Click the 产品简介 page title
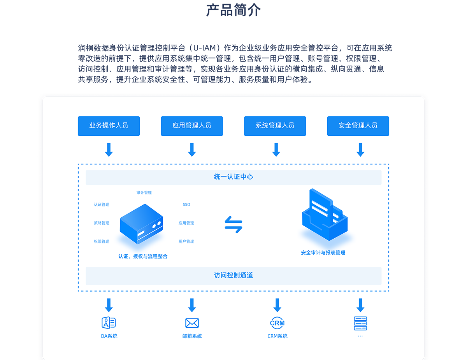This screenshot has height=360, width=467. (x=233, y=10)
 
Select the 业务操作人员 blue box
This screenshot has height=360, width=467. (x=109, y=126)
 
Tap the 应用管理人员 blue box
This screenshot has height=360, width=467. (x=192, y=126)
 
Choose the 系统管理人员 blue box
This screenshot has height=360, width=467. (x=275, y=126)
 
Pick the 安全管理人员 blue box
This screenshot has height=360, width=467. (x=358, y=126)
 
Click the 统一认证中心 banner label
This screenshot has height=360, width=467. (x=233, y=177)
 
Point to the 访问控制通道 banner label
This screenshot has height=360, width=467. (x=233, y=275)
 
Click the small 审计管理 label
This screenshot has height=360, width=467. (x=144, y=192)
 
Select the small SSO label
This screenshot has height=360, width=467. (x=186, y=204)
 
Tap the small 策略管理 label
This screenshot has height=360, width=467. (x=102, y=223)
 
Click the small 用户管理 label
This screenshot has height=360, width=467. (x=186, y=241)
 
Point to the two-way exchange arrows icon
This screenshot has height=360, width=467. (x=233, y=225)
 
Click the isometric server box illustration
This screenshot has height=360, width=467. (x=141, y=224)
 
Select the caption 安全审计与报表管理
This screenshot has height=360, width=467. (x=323, y=253)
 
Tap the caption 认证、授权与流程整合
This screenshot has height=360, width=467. (x=143, y=256)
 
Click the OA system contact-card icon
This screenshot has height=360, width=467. (x=109, y=323)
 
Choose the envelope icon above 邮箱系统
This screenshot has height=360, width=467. (x=192, y=323)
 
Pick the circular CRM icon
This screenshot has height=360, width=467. (x=277, y=323)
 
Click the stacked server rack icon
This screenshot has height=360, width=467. (x=360, y=323)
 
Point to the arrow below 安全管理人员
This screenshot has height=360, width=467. (x=360, y=150)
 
